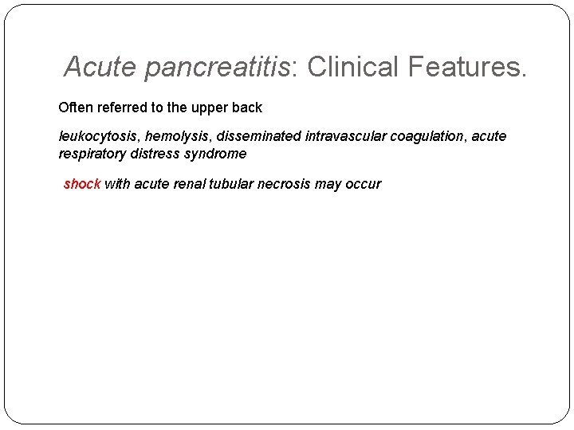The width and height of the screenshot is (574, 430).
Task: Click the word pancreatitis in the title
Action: click(x=217, y=68)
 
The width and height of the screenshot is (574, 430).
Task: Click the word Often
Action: click(x=75, y=107)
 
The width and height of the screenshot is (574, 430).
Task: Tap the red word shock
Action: click(x=81, y=184)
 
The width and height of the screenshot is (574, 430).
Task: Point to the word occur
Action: click(x=363, y=184)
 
